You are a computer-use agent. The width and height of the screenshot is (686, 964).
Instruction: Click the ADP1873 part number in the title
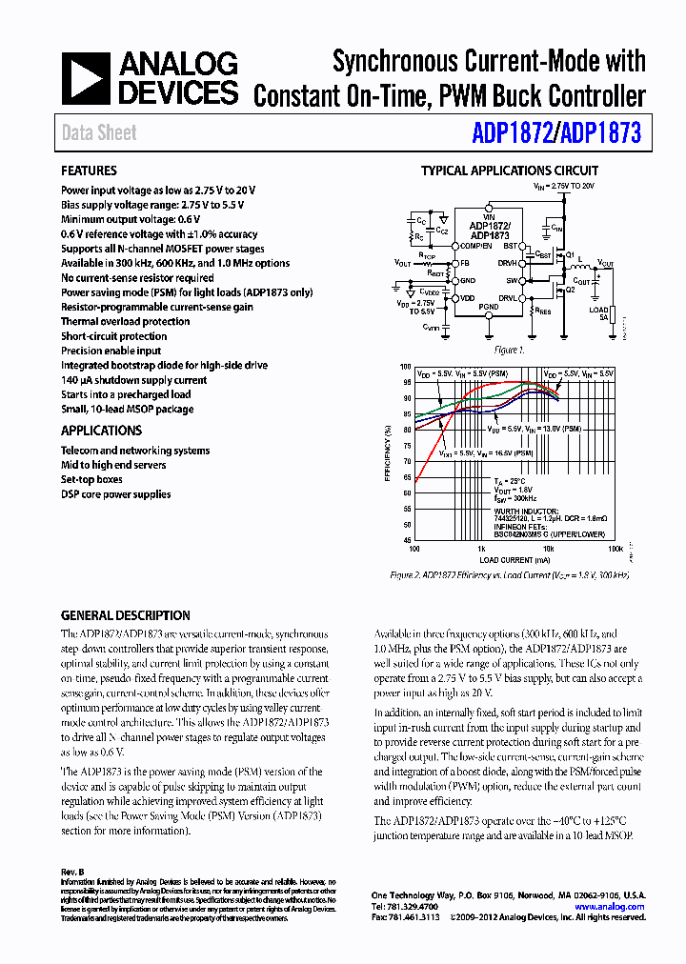pyautogui.click(x=601, y=133)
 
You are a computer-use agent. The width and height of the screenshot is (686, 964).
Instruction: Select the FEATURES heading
pyautogui.click(x=89, y=171)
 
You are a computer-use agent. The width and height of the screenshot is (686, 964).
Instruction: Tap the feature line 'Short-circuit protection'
pyautogui.click(x=113, y=336)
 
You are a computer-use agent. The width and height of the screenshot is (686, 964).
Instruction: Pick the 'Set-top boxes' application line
pyautogui.click(x=91, y=479)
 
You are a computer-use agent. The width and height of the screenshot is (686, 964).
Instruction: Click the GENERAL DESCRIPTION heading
pyautogui.click(x=125, y=615)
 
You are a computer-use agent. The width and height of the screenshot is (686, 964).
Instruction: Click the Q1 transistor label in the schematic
pyautogui.click(x=570, y=255)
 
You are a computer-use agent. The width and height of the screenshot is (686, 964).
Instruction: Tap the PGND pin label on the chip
pyautogui.click(x=488, y=307)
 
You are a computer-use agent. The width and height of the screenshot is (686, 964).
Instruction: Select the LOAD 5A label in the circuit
pyautogui.click(x=597, y=313)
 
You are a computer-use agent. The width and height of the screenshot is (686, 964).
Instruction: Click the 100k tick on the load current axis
pyautogui.click(x=615, y=550)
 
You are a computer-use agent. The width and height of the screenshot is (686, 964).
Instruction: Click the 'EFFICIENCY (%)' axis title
pyautogui.click(x=388, y=453)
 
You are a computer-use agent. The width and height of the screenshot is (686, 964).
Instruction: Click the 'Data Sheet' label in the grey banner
pyautogui.click(x=99, y=133)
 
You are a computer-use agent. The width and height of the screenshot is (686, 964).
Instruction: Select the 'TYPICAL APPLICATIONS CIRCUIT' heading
pyautogui.click(x=510, y=171)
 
